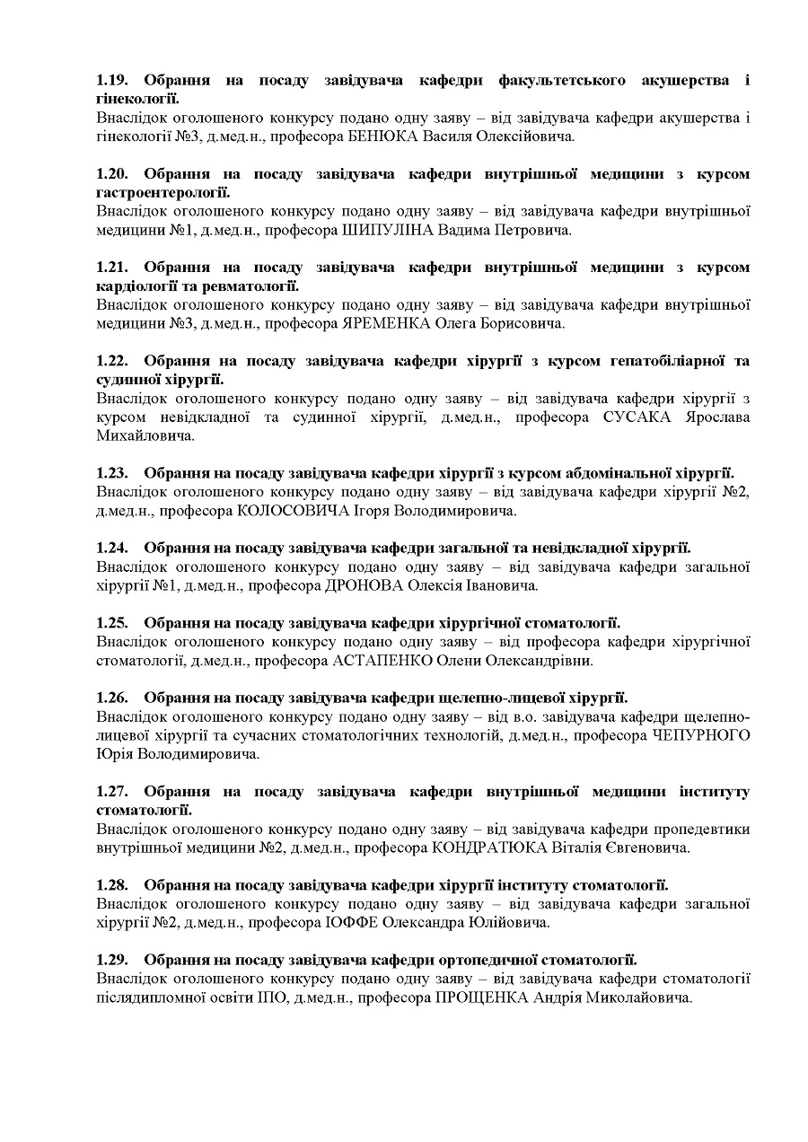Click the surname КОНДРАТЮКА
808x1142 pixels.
coord(484,848)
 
